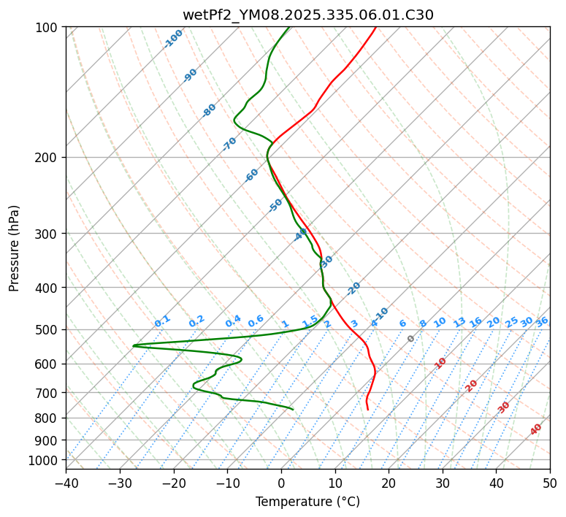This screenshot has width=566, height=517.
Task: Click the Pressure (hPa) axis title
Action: [15, 248]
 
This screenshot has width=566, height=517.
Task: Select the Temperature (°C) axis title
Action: [307, 502]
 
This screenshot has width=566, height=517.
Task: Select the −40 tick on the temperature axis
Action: [66, 483]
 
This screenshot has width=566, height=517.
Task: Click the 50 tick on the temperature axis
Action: [550, 483]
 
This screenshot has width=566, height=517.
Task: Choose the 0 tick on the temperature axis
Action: [281, 483]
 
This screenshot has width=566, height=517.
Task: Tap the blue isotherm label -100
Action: [174, 39]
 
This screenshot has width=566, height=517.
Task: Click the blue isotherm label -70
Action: [229, 144]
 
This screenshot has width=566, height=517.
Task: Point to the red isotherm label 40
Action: [536, 429]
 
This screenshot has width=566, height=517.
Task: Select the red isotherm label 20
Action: [472, 386]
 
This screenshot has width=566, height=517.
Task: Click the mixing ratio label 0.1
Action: [162, 321]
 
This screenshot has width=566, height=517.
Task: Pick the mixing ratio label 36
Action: [542, 321]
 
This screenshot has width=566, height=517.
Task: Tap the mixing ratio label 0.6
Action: [256, 321]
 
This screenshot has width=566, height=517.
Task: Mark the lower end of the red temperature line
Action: [367, 410]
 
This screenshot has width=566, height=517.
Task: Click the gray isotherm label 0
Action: [411, 339]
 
